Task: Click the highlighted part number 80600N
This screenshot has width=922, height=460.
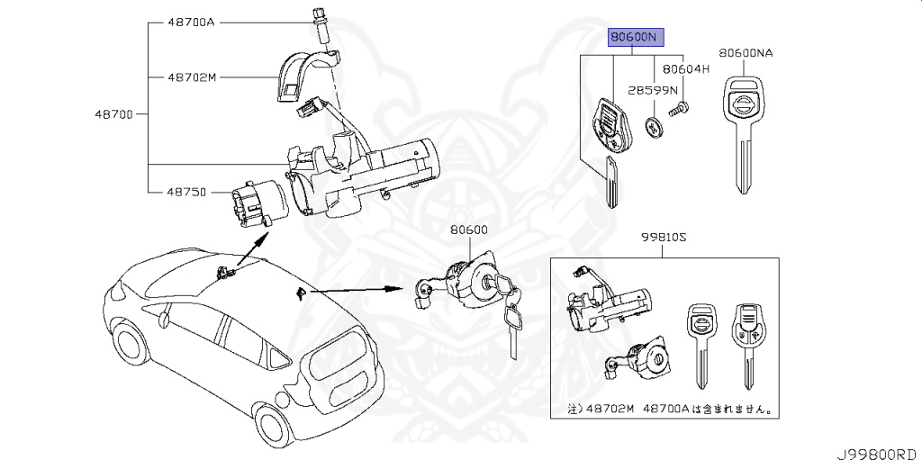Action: [x=635, y=37]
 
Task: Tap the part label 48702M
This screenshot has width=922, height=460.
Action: [x=192, y=77]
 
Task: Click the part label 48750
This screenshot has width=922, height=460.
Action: [x=186, y=191]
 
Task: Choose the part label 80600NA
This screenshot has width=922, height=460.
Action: [x=746, y=53]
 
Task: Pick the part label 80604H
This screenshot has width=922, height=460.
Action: [x=686, y=68]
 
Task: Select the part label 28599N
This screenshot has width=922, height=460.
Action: [x=654, y=91]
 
